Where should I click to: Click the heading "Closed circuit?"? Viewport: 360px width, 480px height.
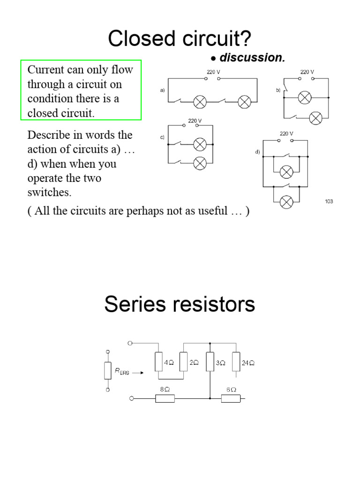[x=180, y=39]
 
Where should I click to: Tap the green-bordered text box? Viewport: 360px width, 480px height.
[x=81, y=90]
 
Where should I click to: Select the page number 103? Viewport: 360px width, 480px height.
[x=329, y=202]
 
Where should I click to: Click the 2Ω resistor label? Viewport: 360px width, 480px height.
[x=194, y=363]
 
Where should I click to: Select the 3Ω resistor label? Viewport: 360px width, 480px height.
[x=220, y=363]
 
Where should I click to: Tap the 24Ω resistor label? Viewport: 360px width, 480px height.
[x=248, y=363]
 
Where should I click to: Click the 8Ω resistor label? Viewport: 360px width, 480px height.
[x=165, y=390]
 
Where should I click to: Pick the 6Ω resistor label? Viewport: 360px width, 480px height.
[x=231, y=390]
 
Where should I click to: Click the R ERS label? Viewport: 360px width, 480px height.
[x=122, y=372]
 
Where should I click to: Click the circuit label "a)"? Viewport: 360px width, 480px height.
[x=162, y=90]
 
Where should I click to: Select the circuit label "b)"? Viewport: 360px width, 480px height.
[x=278, y=90]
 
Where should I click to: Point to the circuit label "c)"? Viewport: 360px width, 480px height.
[x=162, y=137]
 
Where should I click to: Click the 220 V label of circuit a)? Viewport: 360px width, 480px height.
[x=214, y=72]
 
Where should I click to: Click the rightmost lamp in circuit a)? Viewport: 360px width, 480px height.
[x=244, y=101]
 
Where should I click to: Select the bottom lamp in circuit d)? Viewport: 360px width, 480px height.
[x=286, y=202]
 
